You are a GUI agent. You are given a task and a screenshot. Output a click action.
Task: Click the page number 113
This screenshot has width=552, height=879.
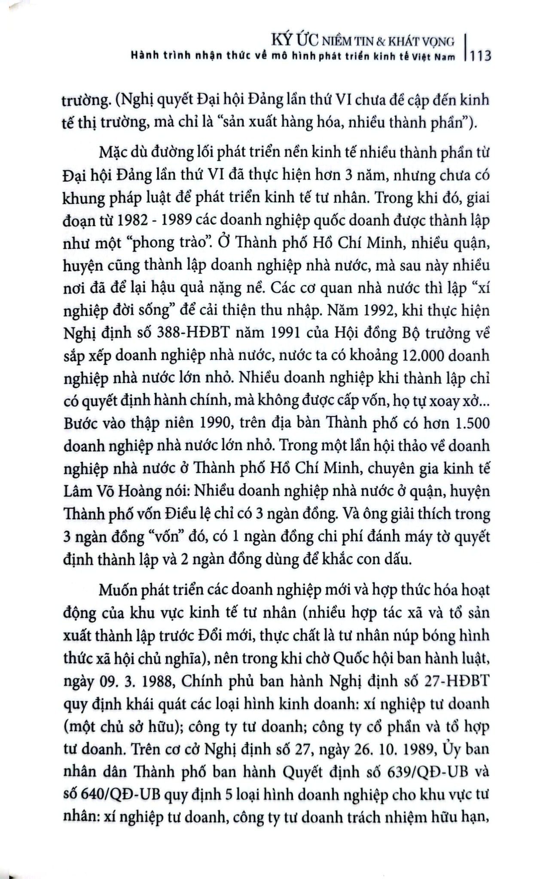(x=481, y=56)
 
